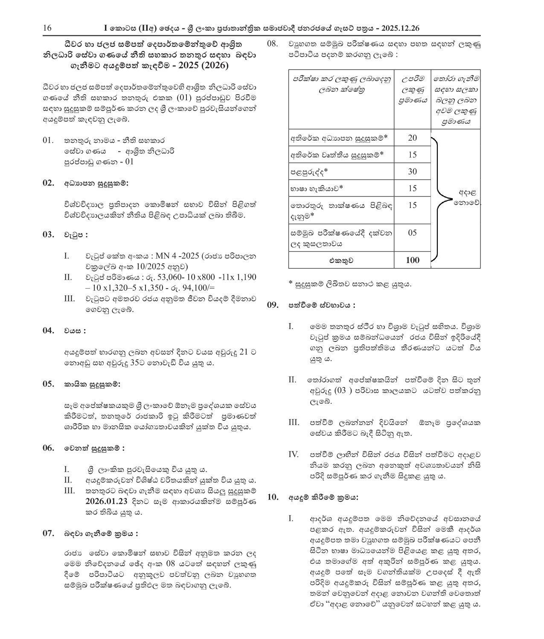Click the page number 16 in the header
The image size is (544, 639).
point(47,28)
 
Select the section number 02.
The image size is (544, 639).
point(48,183)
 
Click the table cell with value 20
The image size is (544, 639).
point(412,138)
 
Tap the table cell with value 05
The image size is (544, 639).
point(412,233)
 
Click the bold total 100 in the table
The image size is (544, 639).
point(412,260)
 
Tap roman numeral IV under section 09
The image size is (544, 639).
point(294,454)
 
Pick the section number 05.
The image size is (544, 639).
point(48,384)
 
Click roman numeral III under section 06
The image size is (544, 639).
point(70,491)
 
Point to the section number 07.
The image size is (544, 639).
point(48,533)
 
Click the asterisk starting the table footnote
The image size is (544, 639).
point(291,284)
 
